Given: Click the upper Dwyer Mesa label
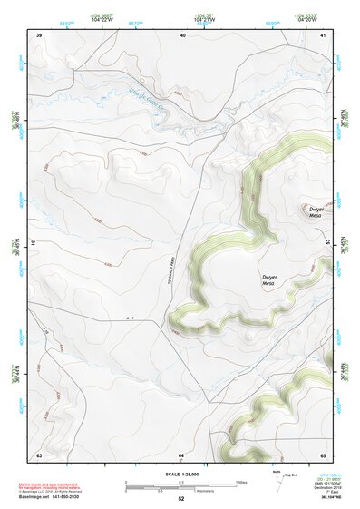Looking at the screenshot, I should [315, 212].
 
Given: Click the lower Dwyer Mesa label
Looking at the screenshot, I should [268, 280].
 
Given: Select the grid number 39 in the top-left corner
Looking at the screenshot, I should [39, 34].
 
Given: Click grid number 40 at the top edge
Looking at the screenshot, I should [183, 34].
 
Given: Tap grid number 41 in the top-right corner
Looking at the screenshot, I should [324, 34].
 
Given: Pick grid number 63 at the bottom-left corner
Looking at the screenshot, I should [39, 454].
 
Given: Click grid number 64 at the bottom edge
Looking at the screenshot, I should [181, 454].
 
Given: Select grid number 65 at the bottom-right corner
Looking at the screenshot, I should [323, 454].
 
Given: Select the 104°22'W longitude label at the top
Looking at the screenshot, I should [102, 18].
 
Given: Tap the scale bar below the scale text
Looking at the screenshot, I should [180, 484].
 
